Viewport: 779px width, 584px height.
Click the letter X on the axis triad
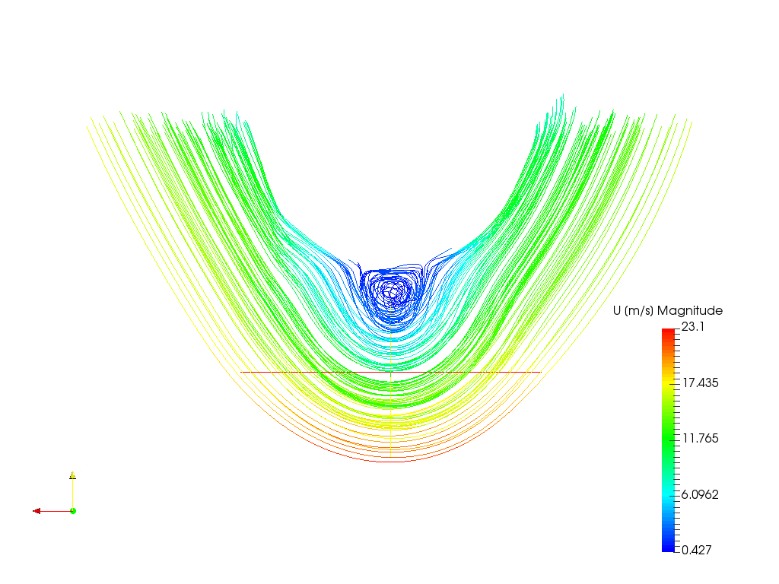pos(46,506)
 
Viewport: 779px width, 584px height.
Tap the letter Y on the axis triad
pos(78,475)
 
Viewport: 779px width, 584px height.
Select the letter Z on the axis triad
pos(78,507)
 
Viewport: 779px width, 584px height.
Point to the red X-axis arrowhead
pos(37,511)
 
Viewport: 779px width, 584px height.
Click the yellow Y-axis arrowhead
pos(73,474)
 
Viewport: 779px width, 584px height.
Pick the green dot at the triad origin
pos(73,510)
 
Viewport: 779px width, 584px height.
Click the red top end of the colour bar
pos(668,332)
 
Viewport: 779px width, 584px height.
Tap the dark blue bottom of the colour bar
pos(668,547)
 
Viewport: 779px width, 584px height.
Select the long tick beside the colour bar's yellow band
pos(672,384)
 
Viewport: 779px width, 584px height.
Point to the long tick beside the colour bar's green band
pos(672,440)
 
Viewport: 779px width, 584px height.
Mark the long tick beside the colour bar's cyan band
pos(672,496)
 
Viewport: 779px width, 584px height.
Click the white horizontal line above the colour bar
pos(707,304)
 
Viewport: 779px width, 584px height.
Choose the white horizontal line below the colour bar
pos(707,555)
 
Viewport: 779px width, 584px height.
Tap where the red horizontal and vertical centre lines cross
pos(390,371)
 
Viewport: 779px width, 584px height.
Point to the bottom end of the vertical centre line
pos(390,456)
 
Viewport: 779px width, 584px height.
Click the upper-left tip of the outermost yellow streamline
pos(87,126)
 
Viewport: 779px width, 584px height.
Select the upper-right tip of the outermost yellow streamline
pos(692,120)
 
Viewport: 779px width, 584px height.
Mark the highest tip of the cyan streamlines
pos(563,94)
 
